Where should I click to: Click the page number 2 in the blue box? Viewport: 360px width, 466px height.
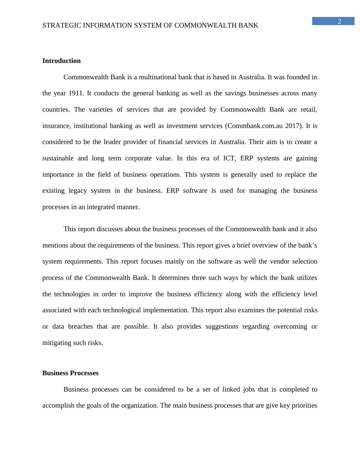(x=339, y=21)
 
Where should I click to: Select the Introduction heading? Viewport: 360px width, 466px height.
(x=61, y=61)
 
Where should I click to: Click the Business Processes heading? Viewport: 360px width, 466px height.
(x=70, y=373)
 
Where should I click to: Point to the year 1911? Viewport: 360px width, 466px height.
(x=76, y=93)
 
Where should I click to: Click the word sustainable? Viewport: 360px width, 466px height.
(x=58, y=158)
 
